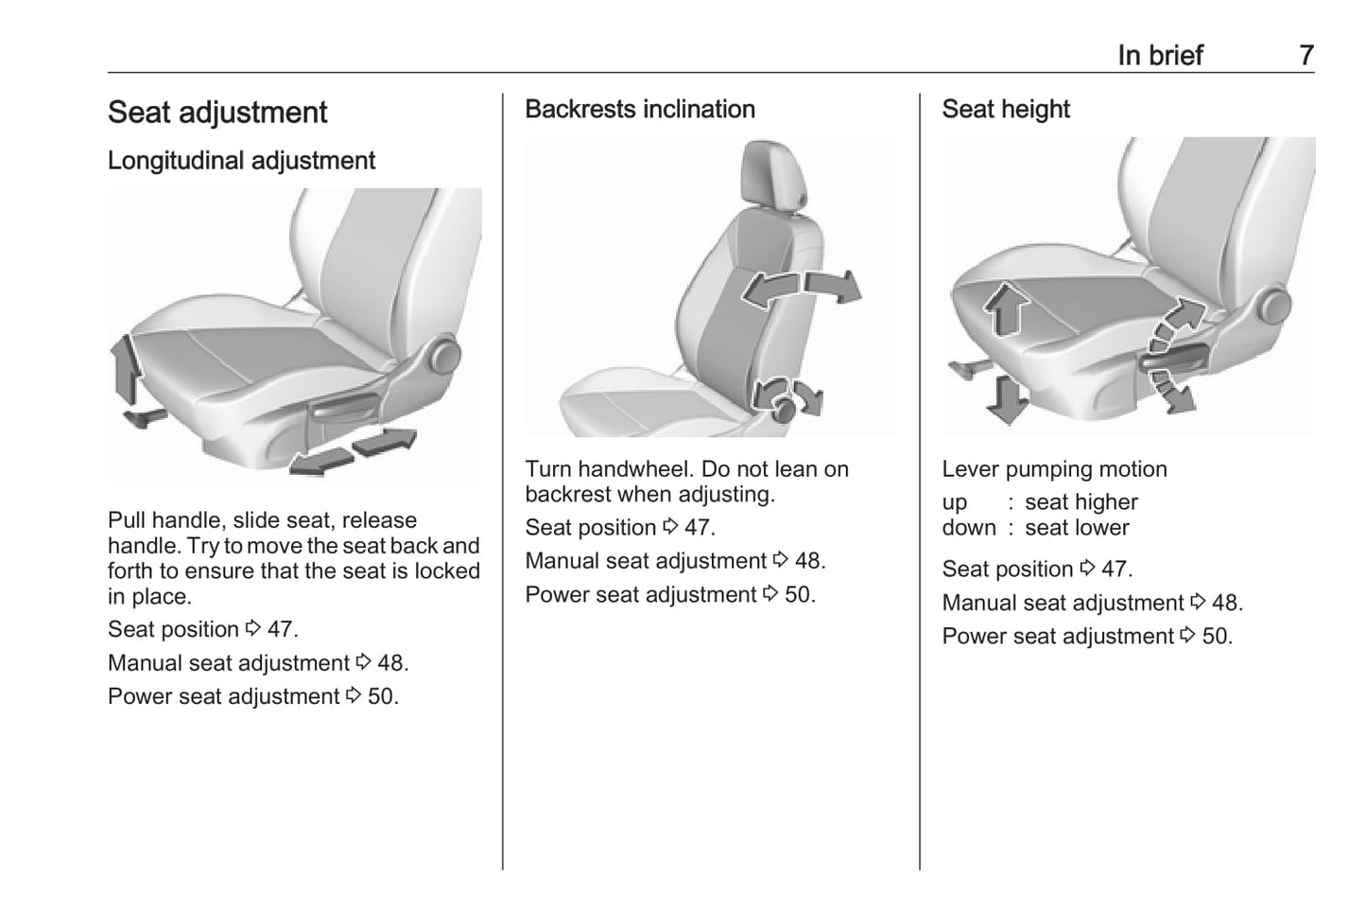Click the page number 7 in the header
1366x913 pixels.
tap(1305, 56)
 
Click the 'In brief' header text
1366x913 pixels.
tap(1160, 56)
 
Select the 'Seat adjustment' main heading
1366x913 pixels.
tap(217, 113)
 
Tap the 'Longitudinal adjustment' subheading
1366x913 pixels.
tap(241, 161)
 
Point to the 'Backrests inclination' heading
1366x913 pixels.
tap(640, 110)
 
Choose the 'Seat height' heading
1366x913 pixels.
tap(1006, 110)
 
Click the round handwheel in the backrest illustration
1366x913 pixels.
tap(784, 409)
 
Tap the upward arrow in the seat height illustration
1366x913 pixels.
tap(1005, 308)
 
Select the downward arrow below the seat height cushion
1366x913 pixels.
tap(1006, 397)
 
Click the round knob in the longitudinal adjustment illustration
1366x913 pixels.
tap(443, 357)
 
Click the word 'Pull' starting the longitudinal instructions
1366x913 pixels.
tap(126, 520)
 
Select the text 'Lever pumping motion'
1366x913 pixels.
tap(1054, 469)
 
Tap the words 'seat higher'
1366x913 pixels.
tap(1081, 502)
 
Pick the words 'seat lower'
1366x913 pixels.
tap(1077, 528)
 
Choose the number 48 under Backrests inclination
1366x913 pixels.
tap(808, 561)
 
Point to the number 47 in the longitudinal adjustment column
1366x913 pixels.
tap(281, 630)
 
